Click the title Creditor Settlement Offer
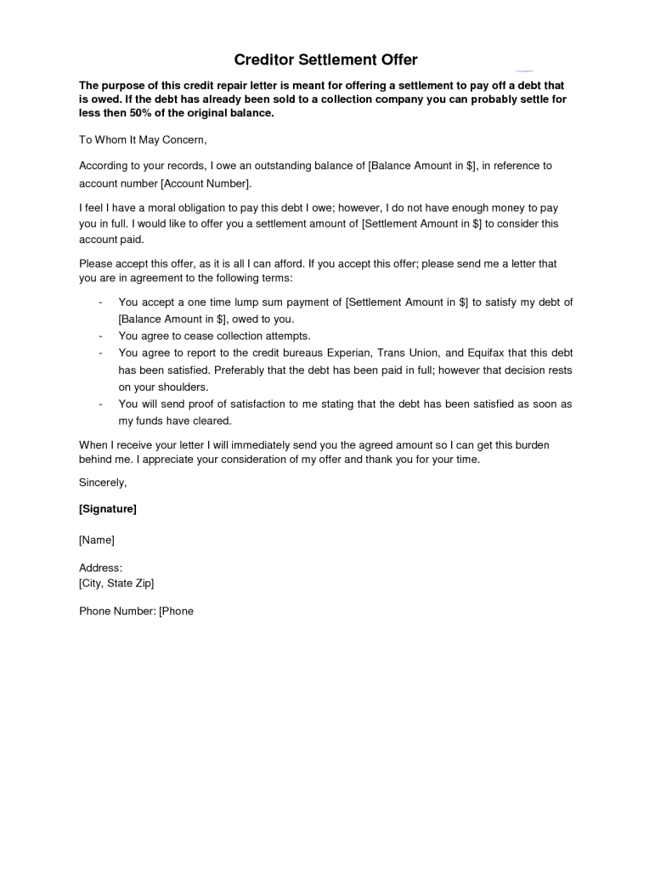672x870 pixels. pyautogui.click(x=326, y=60)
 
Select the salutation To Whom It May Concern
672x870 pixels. pyautogui.click(x=143, y=139)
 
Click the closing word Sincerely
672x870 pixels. pyautogui.click(x=103, y=483)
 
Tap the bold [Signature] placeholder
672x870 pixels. pyautogui.click(x=108, y=509)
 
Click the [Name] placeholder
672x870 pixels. pyautogui.click(x=97, y=540)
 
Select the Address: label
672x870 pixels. pyautogui.click(x=101, y=568)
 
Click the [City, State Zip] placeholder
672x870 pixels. pyautogui.click(x=116, y=583)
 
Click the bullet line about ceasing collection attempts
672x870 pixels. pyautogui.click(x=214, y=336)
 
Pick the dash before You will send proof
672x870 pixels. pyautogui.click(x=101, y=404)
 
